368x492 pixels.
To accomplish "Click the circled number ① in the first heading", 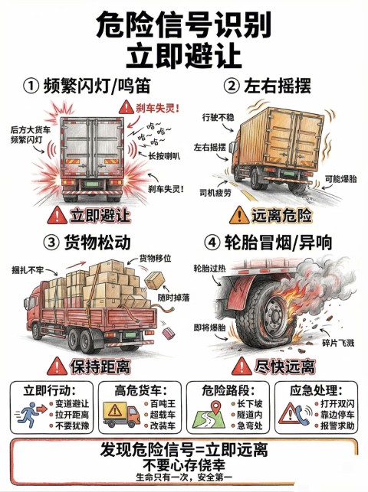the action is (x=31, y=86).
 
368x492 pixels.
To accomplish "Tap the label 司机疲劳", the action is (x=215, y=192).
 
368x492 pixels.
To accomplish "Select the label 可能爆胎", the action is (x=341, y=179).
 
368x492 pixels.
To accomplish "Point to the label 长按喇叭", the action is (x=164, y=155).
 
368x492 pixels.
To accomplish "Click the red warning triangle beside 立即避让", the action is (x=57, y=215).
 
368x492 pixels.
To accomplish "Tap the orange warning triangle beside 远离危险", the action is (x=239, y=215).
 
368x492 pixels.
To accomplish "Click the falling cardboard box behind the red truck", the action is (x=155, y=280).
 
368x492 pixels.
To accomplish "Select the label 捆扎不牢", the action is (x=28, y=270).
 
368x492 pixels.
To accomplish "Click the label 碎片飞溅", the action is (x=338, y=343).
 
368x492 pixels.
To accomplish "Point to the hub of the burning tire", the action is (x=275, y=314).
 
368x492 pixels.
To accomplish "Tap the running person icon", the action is (x=28, y=414).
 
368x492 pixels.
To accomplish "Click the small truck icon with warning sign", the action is (x=121, y=414).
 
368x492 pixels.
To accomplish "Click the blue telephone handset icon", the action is (x=302, y=415).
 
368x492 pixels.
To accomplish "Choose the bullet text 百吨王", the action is (x=163, y=403).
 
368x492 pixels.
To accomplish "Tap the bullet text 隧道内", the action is (x=249, y=415).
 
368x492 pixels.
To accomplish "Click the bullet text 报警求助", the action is (x=337, y=425).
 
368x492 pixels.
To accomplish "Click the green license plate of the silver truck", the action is (x=92, y=184).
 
